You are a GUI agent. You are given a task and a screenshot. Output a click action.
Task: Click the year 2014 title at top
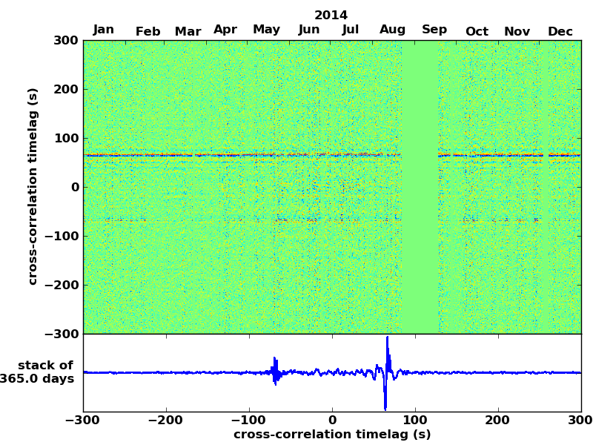331,15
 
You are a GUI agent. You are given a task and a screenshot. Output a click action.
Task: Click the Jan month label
104,30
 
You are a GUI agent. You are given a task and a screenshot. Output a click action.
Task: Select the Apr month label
225,30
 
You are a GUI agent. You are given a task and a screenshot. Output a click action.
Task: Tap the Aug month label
392,30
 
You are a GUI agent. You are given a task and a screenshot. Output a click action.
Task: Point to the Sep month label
434,30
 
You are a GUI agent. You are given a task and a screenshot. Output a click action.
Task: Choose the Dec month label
560,31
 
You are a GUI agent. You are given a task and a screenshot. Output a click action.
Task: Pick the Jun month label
309,30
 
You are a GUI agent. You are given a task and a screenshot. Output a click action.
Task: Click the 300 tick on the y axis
66,40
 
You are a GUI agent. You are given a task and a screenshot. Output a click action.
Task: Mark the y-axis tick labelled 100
66,138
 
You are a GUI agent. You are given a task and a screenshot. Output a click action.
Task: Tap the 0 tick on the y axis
75,187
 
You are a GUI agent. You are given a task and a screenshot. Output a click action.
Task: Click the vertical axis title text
33,186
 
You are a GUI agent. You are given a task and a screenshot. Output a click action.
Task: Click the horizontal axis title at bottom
332,435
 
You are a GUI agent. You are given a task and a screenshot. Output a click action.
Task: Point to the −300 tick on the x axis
83,421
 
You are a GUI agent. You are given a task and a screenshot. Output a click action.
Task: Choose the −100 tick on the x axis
249,421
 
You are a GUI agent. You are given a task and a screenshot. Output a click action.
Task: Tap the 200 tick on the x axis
498,421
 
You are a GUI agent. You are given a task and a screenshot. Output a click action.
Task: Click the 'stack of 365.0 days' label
41,372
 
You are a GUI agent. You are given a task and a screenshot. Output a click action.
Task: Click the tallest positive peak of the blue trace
387,337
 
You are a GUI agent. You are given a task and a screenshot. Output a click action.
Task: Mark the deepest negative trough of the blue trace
385,409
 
